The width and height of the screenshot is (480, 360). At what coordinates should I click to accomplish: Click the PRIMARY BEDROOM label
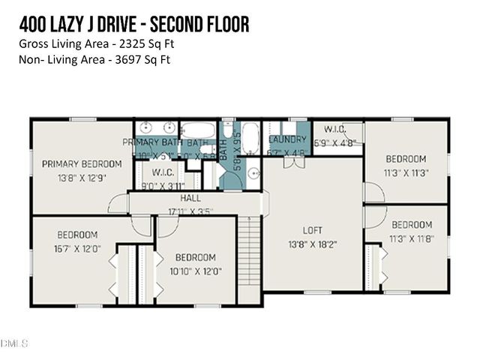pyautogui.click(x=82, y=163)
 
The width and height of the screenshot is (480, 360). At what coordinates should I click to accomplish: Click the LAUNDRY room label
pyautogui.click(x=288, y=139)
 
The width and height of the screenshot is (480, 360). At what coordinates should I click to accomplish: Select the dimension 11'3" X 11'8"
pyautogui.click(x=412, y=238)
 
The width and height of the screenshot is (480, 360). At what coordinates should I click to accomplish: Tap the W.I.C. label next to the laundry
pyautogui.click(x=329, y=128)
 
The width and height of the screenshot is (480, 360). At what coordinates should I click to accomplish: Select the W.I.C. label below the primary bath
pyautogui.click(x=164, y=170)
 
